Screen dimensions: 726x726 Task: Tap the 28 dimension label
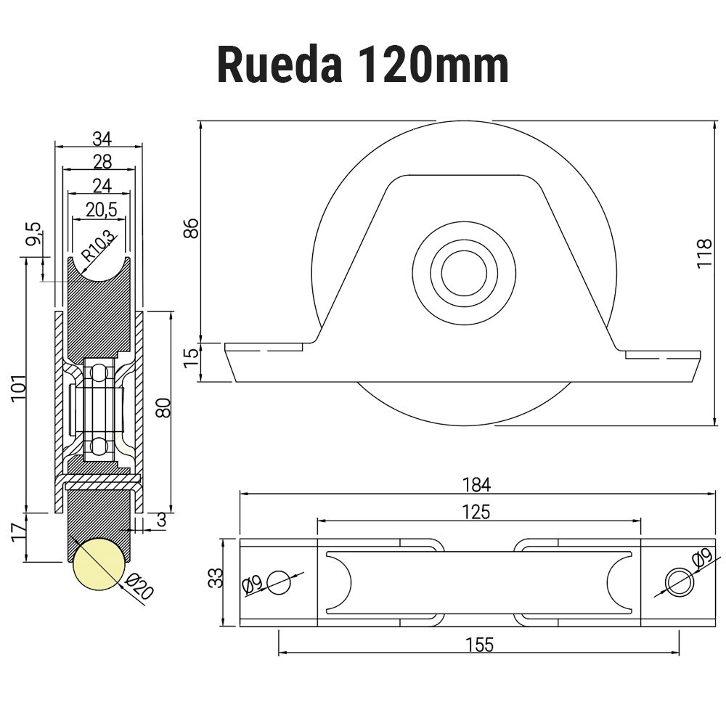[102, 162]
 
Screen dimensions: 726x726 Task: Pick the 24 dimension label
[102, 186]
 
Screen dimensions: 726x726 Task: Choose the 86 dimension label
[190, 228]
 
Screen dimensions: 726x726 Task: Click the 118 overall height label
[703, 254]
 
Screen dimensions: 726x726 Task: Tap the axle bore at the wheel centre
[464, 274]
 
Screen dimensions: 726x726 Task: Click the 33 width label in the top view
[215, 578]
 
